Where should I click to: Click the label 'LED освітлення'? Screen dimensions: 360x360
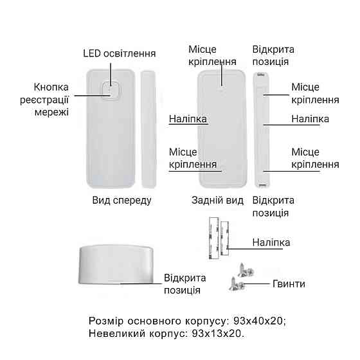[x=119, y=53]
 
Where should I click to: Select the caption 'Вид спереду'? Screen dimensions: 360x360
[x=122, y=200]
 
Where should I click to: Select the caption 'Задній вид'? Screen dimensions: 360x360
[x=218, y=200]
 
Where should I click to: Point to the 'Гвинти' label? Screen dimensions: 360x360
[x=289, y=283]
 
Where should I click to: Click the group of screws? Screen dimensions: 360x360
[x=239, y=275]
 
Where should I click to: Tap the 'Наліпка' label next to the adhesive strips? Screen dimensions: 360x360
[x=272, y=243]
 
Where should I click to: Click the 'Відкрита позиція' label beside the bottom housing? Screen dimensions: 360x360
[x=185, y=284]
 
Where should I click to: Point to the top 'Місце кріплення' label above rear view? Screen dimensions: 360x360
[x=212, y=56]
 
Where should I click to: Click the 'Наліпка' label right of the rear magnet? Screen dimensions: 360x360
[x=310, y=119]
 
